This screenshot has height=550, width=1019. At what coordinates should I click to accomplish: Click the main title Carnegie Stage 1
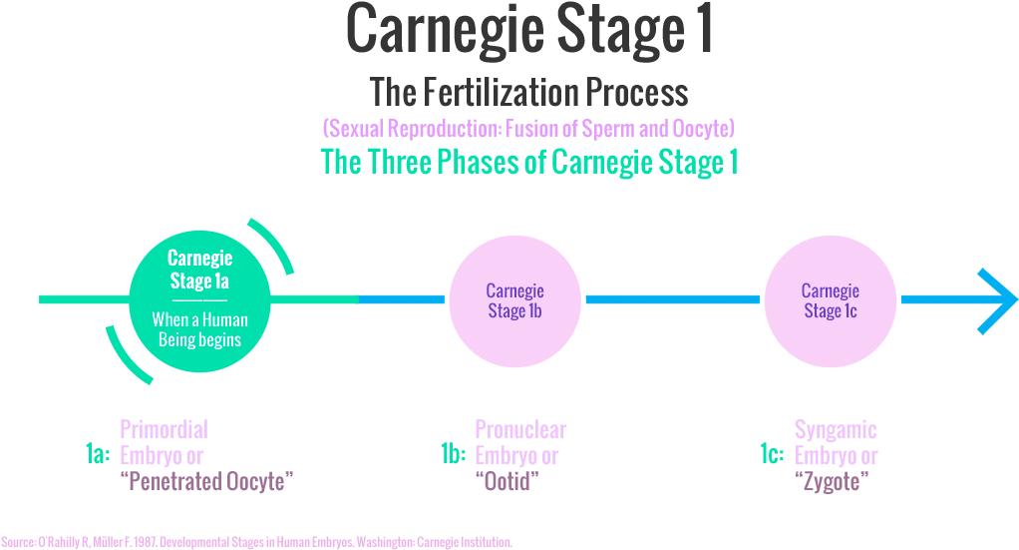(x=529, y=31)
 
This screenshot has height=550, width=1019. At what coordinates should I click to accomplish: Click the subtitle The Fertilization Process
(x=529, y=93)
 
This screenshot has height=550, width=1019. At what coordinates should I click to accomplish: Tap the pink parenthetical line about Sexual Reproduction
(x=529, y=129)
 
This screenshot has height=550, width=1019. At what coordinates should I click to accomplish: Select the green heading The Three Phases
(x=529, y=162)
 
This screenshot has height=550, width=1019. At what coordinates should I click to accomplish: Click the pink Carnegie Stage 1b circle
(x=514, y=299)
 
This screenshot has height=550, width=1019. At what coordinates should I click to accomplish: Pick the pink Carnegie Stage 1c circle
(x=831, y=299)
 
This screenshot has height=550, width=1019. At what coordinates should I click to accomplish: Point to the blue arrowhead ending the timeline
(x=997, y=299)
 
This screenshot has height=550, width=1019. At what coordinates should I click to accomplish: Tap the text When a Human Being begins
(x=199, y=330)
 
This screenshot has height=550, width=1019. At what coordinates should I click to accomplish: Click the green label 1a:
(x=97, y=455)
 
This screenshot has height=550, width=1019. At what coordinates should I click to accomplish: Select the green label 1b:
(x=454, y=455)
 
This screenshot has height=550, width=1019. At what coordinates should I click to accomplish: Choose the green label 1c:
(x=772, y=455)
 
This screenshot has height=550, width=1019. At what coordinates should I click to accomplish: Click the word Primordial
(x=164, y=430)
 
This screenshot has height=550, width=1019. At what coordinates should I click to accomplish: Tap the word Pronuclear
(x=520, y=430)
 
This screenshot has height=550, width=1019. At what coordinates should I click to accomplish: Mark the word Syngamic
(x=836, y=430)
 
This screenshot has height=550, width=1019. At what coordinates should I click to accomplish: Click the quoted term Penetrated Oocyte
(x=207, y=482)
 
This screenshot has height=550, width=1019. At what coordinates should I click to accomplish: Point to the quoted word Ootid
(x=507, y=482)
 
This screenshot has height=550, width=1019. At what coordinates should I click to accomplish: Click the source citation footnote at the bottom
(x=256, y=541)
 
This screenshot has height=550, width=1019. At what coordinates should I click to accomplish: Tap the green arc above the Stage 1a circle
(x=275, y=243)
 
